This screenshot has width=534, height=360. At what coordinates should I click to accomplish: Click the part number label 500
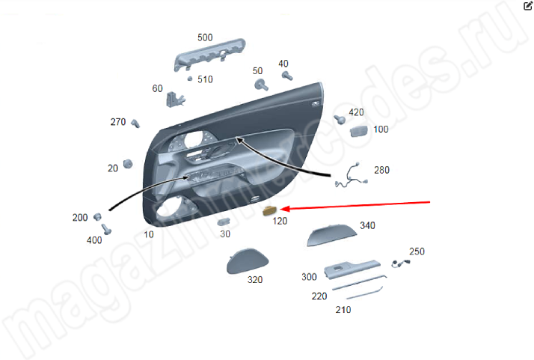pyautogui.click(x=205, y=37)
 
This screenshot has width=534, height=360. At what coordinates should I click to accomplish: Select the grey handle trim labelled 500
pyautogui.click(x=209, y=54)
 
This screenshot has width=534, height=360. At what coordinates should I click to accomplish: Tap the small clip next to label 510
pyautogui.click(x=190, y=79)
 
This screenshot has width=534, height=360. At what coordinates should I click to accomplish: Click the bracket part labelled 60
pyautogui.click(x=175, y=100)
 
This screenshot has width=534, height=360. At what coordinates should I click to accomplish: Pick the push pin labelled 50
pyautogui.click(x=261, y=85)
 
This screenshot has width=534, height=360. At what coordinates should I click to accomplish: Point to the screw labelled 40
pyautogui.click(x=287, y=76)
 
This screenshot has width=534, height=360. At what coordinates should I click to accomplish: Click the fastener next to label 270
pyautogui.click(x=135, y=123)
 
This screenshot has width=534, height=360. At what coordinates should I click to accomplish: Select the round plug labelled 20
pyautogui.click(x=128, y=164)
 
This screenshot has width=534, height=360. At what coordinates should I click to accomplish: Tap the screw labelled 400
pyautogui.click(x=106, y=229)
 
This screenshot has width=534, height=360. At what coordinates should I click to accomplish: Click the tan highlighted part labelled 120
pyautogui.click(x=270, y=211)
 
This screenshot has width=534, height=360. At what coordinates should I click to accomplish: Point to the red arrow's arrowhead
pyautogui.click(x=284, y=209)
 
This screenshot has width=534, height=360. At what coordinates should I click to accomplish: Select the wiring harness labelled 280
pyautogui.click(x=352, y=176)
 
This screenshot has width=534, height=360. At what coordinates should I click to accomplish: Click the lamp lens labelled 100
pyautogui.click(x=359, y=131)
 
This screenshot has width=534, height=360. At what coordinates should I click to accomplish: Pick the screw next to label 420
pyautogui.click(x=340, y=119)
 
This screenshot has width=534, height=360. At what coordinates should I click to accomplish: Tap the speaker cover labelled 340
pyautogui.click(x=332, y=235)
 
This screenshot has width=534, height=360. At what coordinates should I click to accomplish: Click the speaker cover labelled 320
pyautogui.click(x=248, y=261)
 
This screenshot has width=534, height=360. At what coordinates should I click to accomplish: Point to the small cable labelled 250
pyautogui.click(x=401, y=263)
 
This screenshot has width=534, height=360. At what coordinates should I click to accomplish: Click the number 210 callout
pyautogui.click(x=343, y=310)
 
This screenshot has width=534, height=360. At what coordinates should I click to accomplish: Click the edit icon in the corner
pyautogui.click(x=527, y=6)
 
